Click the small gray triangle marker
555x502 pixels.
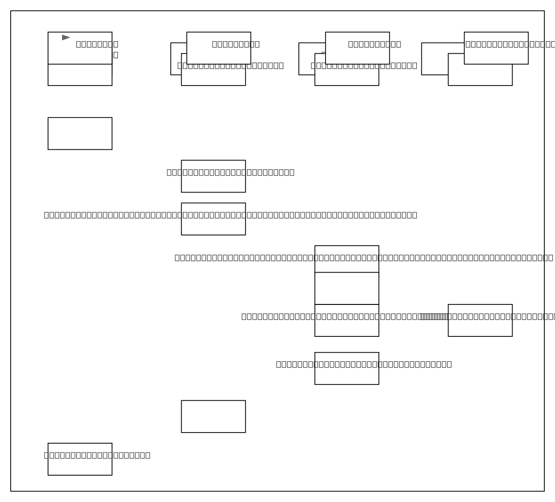click(x=66, y=37)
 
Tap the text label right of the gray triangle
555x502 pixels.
click(x=97, y=44)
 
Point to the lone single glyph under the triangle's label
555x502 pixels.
click(x=116, y=55)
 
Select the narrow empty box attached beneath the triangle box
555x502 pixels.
click(x=80, y=75)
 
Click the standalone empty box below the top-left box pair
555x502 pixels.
click(x=80, y=133)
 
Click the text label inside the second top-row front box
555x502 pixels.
click(x=235, y=44)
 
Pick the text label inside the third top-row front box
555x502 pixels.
click(x=374, y=44)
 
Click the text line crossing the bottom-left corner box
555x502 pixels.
click(x=97, y=455)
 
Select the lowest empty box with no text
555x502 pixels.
click(x=213, y=416)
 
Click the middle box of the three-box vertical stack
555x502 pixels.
click(x=346, y=288)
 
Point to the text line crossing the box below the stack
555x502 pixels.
click(x=364, y=364)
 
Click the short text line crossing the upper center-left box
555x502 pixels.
click(x=230, y=172)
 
